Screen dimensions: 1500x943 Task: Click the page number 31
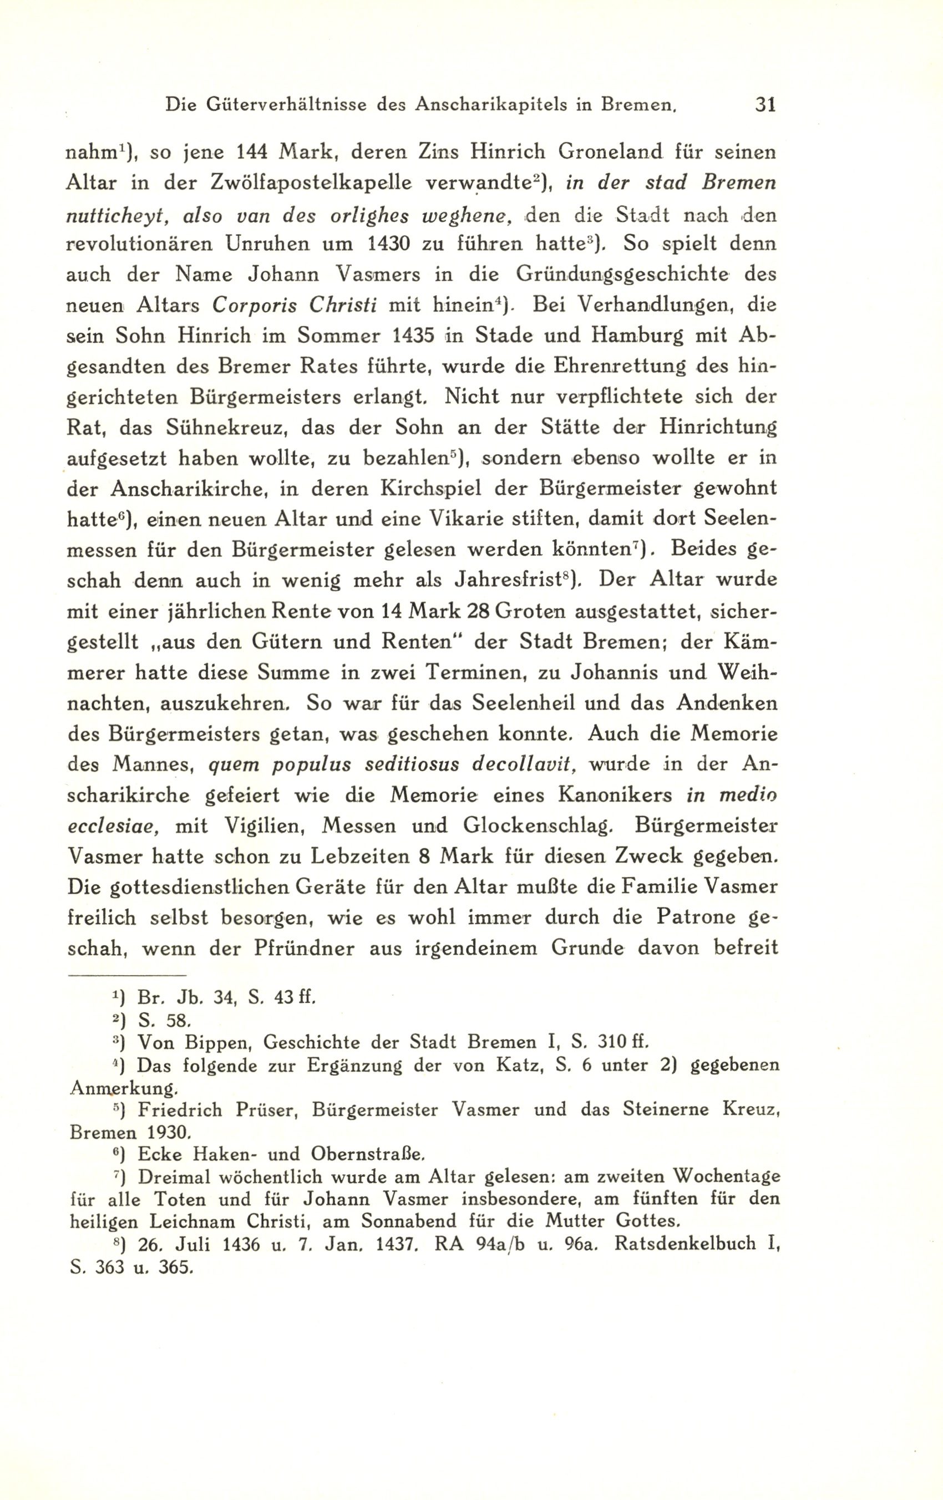click(764, 104)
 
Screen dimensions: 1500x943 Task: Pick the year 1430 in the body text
click(389, 244)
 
